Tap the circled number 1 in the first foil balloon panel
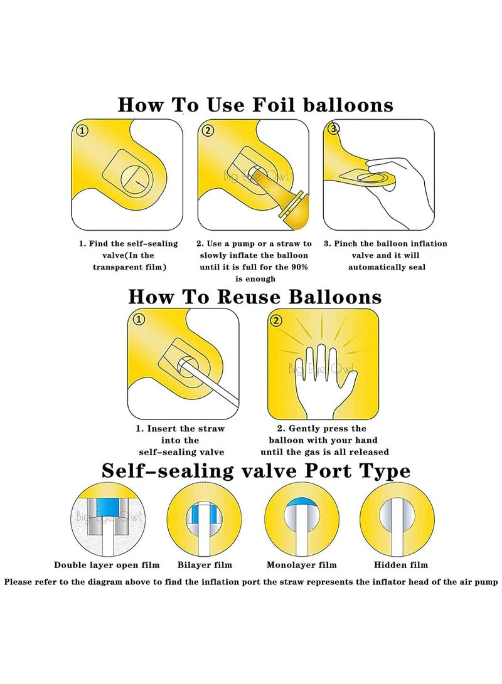click(x=82, y=130)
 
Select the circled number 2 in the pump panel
click(x=208, y=130)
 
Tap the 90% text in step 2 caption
click(x=299, y=267)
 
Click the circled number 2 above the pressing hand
click(x=276, y=320)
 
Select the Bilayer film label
click(x=205, y=565)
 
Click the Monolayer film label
click(x=302, y=565)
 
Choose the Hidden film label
click(x=401, y=565)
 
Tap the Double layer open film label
click(x=107, y=565)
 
